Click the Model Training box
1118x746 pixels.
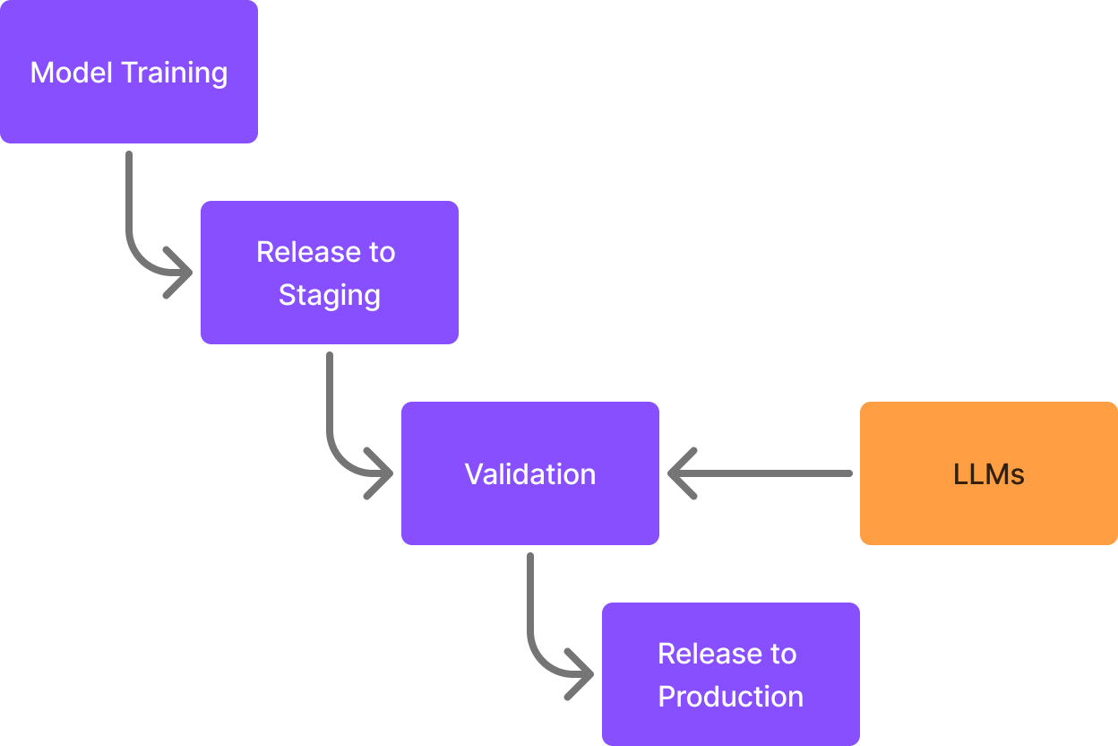129,72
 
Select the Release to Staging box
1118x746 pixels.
330,273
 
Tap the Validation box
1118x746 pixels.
530,473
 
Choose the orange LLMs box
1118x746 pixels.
989,473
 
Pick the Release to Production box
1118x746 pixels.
731,674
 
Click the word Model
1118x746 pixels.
72,73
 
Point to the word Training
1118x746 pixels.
175,74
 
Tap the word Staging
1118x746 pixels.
330,295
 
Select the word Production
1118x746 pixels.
731,696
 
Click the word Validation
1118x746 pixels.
530,473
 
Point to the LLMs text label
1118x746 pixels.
989,473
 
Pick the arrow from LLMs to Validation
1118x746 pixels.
760,473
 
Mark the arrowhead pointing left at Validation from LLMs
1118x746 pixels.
681,473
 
